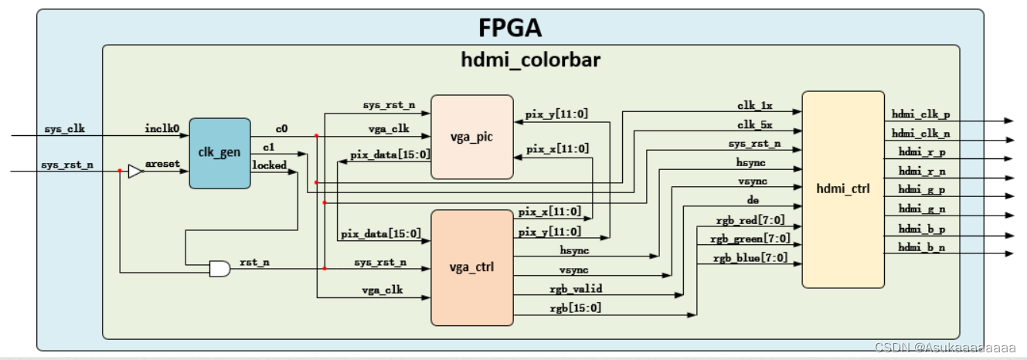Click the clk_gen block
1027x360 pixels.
[x=219, y=153]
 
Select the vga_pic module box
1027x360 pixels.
[x=471, y=137]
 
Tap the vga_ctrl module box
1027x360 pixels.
[x=471, y=267]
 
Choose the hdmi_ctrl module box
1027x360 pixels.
[x=842, y=189]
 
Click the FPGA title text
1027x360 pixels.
[x=509, y=29]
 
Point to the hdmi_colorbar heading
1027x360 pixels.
[x=531, y=59]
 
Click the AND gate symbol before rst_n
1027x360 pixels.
[x=219, y=268]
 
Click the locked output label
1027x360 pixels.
[x=269, y=165]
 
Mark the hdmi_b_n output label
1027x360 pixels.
[x=920, y=247]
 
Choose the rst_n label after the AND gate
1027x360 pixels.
[x=254, y=262]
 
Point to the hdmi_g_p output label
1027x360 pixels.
[x=920, y=189]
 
